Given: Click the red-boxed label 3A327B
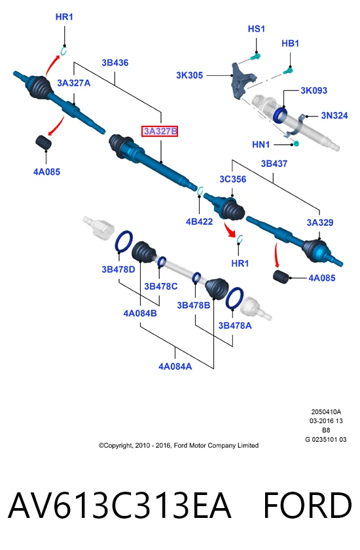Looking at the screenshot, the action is coord(160,131).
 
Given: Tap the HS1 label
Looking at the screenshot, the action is coord(256,29).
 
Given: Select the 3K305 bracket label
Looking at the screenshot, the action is coord(189,75).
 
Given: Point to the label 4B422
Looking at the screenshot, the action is coord(199,221).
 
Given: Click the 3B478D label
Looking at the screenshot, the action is coord(118,269).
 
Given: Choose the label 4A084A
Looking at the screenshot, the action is coord(175,366).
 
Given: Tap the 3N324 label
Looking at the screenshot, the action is coord(334,115).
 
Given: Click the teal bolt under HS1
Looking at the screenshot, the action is coord(255,56).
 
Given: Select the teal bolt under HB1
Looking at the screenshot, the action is coord(289,71).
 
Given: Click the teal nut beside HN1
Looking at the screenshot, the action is coord(296,143).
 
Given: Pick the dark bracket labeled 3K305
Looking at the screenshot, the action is coord(242,81).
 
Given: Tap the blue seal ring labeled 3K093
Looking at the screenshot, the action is coord(280,115).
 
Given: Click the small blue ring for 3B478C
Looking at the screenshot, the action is coord(162,262).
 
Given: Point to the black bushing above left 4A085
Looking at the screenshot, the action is coord(43,141).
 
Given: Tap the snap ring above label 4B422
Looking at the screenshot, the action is coord(200,191).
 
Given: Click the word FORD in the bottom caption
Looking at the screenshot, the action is coord(308,505).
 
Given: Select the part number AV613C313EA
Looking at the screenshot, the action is coord(119,505).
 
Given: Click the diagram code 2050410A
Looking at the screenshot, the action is coord(326,412).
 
